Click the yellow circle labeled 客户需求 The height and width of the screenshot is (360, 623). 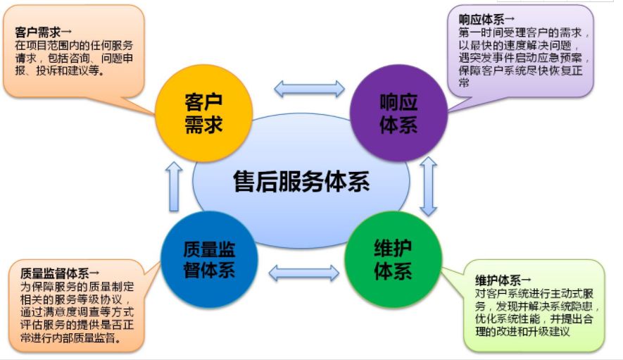(x=203, y=113)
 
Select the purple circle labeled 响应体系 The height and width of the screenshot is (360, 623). (x=398, y=113)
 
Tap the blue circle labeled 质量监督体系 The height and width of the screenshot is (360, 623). (x=209, y=260)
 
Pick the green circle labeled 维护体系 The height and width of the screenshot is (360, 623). (x=393, y=260)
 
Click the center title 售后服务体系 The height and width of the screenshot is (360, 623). (x=301, y=182)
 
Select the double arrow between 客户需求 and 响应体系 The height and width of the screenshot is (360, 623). (x=309, y=89)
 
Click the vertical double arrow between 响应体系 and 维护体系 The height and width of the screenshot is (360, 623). (x=428, y=186)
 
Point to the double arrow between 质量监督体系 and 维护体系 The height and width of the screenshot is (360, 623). (x=304, y=273)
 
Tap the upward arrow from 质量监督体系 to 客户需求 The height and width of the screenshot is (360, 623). (x=174, y=186)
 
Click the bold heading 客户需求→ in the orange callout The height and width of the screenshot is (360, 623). (x=44, y=32)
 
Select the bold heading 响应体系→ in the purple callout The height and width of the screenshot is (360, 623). (x=486, y=19)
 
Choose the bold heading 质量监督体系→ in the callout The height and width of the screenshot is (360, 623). (x=60, y=273)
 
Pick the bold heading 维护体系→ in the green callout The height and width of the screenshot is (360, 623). (x=503, y=280)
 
